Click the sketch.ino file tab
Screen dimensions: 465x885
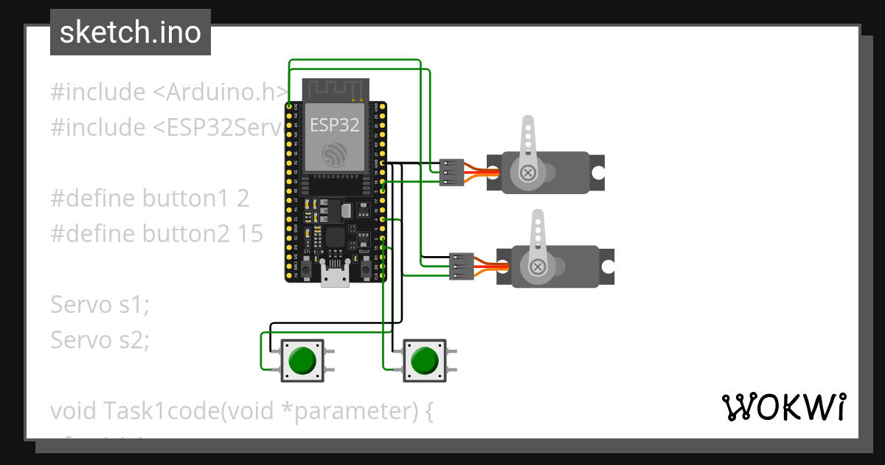point(130,32)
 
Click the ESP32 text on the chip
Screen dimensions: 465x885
point(335,125)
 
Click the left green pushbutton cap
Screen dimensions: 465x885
point(302,361)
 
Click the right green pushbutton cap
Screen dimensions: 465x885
point(424,361)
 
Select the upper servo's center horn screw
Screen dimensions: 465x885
point(528,173)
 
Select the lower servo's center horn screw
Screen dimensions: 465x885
point(538,266)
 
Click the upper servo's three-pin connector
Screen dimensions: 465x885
point(451,172)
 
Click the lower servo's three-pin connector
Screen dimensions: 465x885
point(461,266)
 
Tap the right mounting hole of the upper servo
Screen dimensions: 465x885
point(597,173)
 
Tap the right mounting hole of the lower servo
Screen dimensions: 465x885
point(608,266)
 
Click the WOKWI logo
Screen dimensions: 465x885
point(783,407)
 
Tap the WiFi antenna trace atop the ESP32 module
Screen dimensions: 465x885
point(336,90)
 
